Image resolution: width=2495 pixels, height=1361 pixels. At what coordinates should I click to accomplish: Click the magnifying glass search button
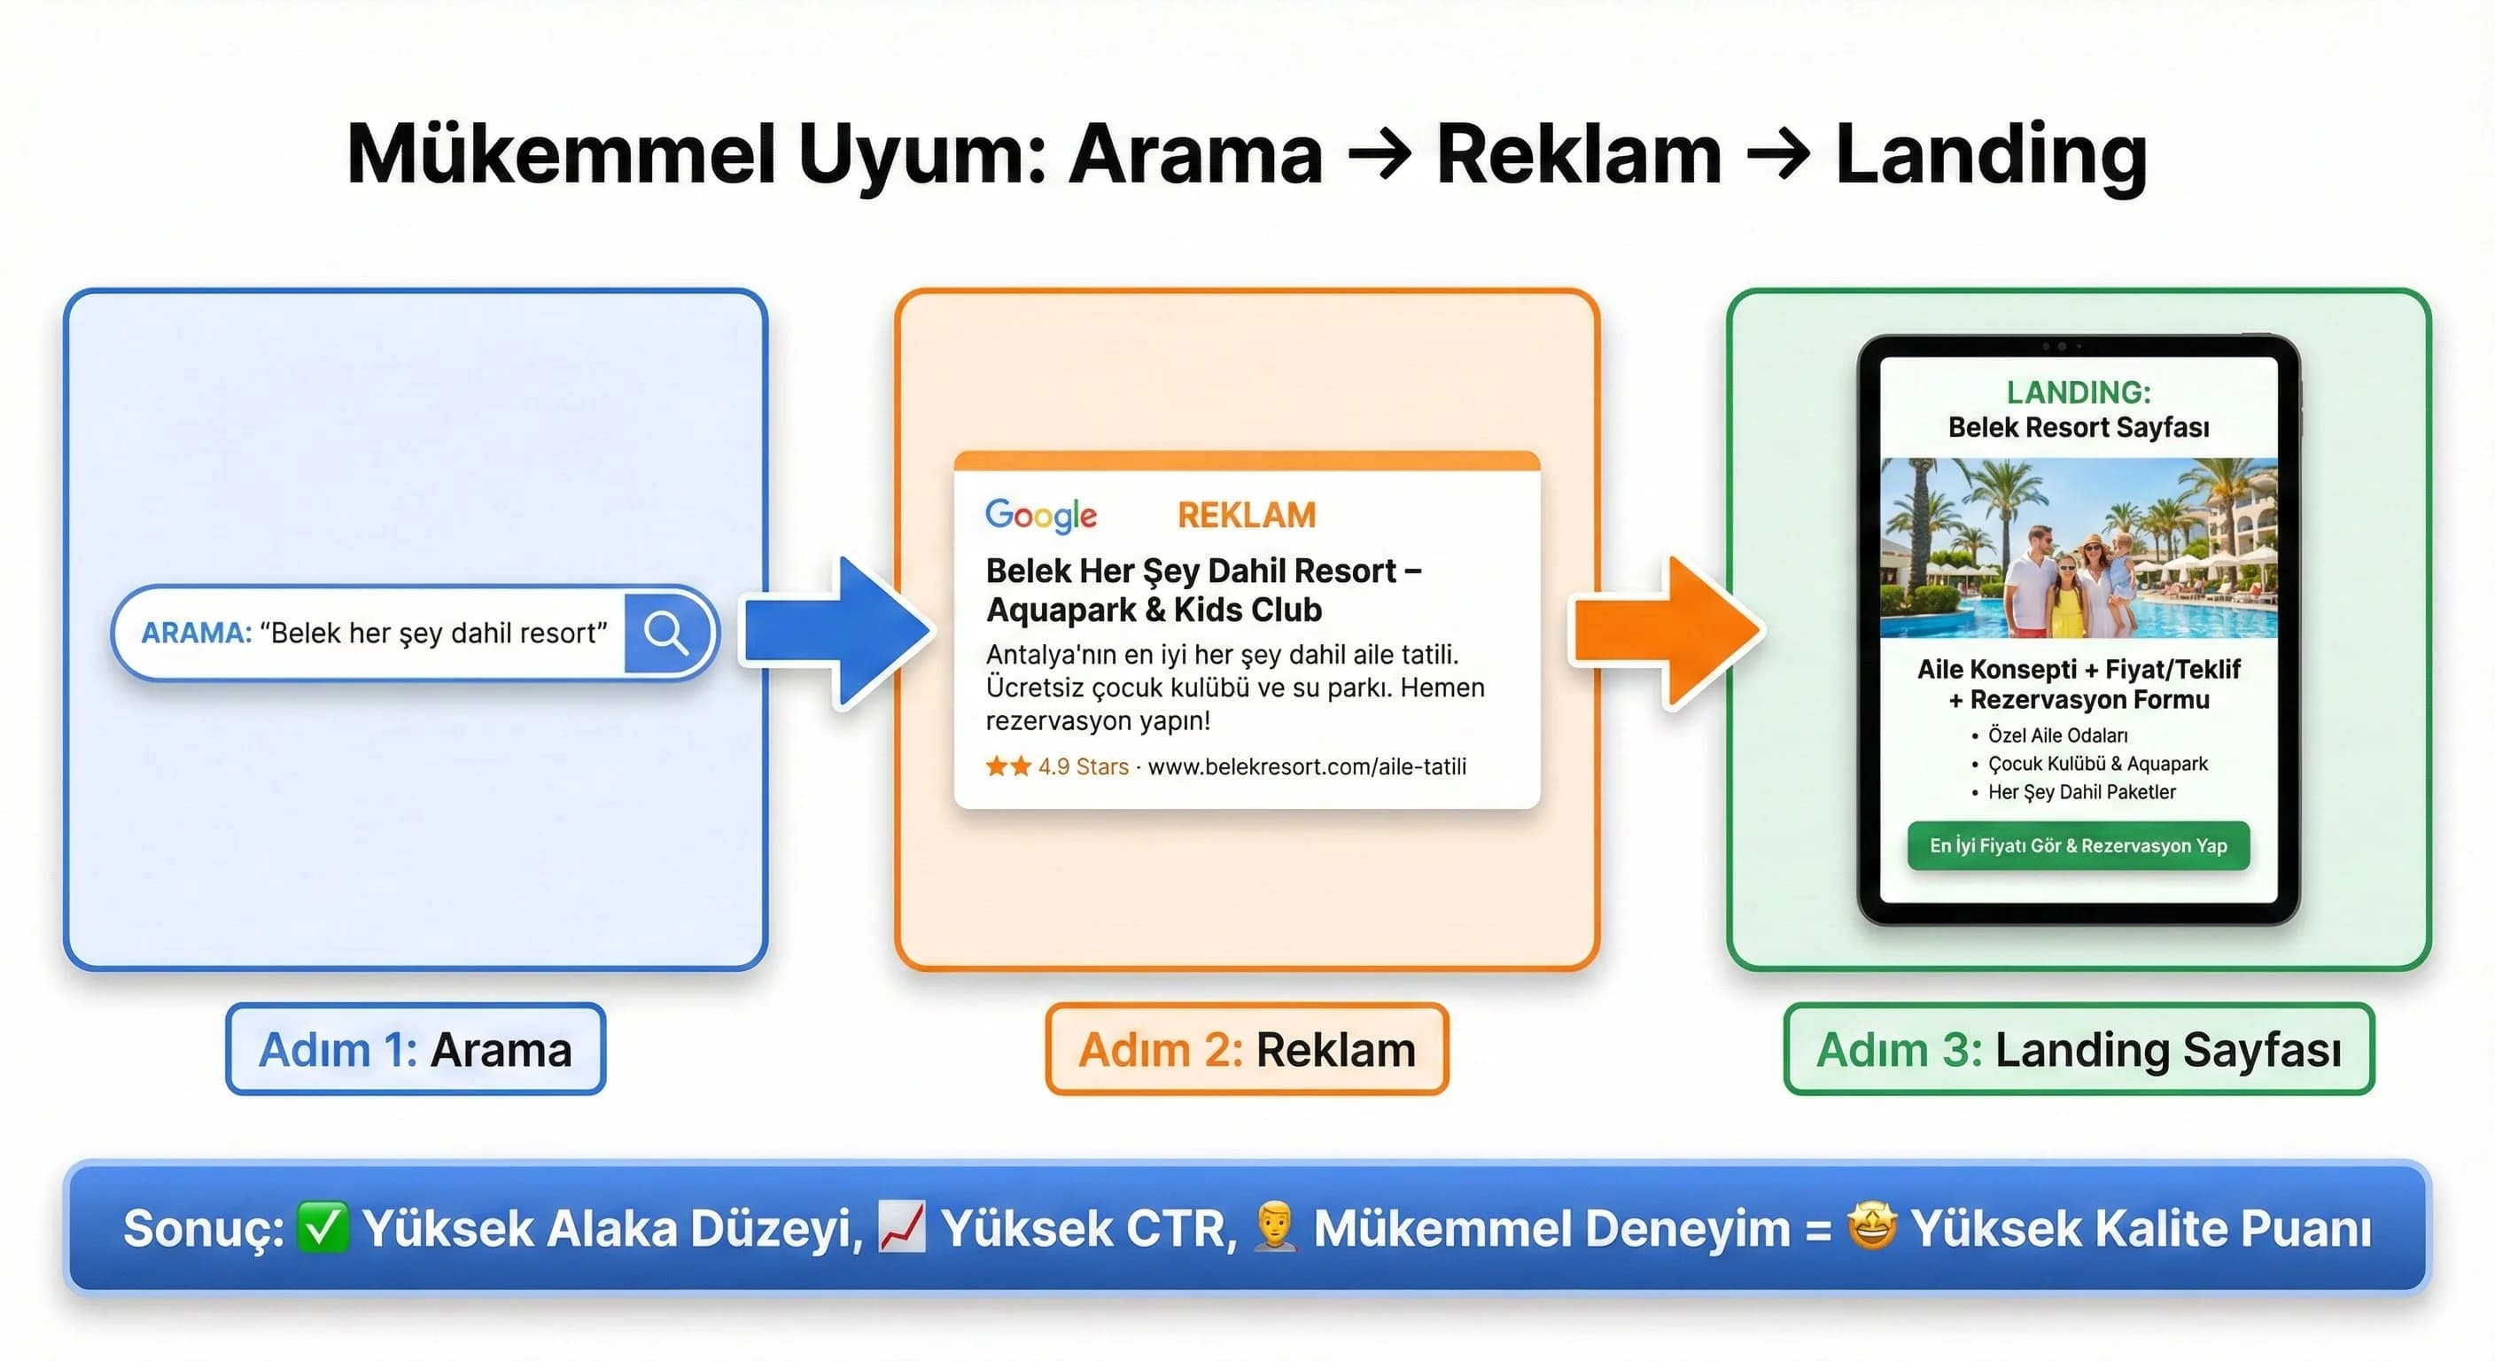(x=666, y=634)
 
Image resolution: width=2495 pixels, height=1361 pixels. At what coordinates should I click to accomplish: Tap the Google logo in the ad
(x=1040, y=516)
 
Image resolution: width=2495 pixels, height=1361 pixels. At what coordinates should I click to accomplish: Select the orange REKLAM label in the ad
(x=1247, y=516)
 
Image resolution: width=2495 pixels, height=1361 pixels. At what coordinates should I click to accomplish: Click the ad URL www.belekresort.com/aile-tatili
(x=1306, y=767)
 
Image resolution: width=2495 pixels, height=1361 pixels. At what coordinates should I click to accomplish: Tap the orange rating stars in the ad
(x=1008, y=767)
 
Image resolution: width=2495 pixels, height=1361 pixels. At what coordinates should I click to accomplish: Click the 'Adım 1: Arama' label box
(x=416, y=1050)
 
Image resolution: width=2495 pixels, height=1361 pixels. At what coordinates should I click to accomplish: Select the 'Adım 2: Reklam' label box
(x=1247, y=1050)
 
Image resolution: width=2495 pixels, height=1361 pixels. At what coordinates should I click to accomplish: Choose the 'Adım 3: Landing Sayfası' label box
(x=2079, y=1050)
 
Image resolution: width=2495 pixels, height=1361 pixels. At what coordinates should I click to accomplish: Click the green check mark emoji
(x=322, y=1227)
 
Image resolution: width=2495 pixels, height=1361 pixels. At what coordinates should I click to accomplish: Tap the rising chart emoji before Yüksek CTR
(x=902, y=1227)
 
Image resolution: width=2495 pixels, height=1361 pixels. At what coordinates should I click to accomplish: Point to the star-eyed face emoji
(x=1871, y=1226)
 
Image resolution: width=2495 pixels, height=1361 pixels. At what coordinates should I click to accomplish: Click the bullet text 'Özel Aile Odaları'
(x=2057, y=735)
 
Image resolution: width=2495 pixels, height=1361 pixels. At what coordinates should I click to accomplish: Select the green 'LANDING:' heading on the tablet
(x=2079, y=393)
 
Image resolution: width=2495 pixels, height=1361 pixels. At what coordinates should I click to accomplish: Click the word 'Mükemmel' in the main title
(x=562, y=155)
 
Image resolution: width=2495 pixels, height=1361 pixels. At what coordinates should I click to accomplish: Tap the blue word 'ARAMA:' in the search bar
(x=197, y=634)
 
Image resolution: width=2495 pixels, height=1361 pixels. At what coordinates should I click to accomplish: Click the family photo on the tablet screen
(x=2079, y=548)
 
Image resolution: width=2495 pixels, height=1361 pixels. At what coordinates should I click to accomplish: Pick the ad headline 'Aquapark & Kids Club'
(x=1154, y=611)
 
